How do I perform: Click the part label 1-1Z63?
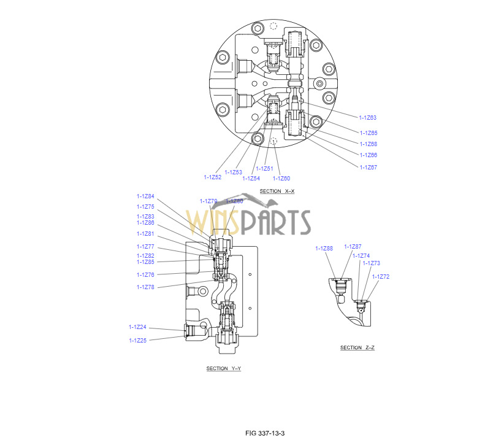click(x=367, y=118)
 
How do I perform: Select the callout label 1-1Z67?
click(x=368, y=168)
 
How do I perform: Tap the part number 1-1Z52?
click(x=213, y=177)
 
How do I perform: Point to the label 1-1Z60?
click(x=281, y=179)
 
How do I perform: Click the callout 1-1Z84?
click(x=145, y=196)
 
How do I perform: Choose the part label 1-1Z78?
click(x=145, y=287)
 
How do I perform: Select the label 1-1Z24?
click(x=137, y=327)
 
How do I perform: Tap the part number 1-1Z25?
click(x=138, y=341)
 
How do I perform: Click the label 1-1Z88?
click(x=324, y=249)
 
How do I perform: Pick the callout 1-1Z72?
click(x=380, y=277)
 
